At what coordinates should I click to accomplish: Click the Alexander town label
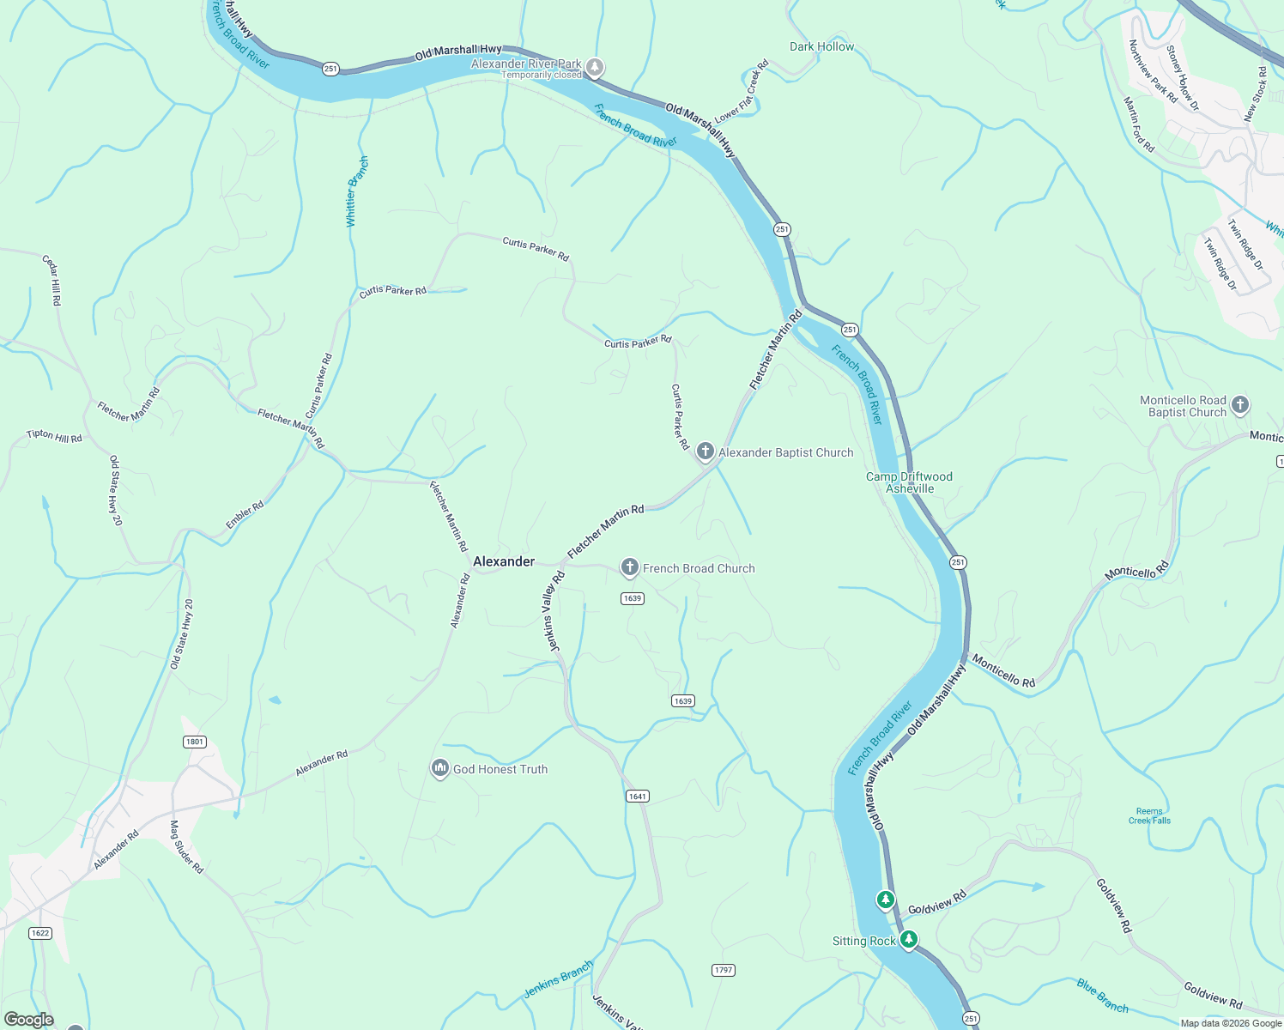tap(504, 561)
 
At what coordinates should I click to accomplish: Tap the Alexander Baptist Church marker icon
tap(706, 451)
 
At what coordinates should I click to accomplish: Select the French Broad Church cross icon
tap(629, 566)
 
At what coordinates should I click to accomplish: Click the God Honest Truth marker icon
tap(439, 767)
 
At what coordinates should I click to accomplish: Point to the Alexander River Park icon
tap(594, 67)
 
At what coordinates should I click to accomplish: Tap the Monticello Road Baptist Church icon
tap(1239, 404)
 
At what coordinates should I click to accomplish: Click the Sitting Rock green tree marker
tap(909, 939)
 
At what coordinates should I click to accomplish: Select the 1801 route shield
tap(195, 742)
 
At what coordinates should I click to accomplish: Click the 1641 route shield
tap(637, 797)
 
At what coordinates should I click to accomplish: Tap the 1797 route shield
tap(724, 970)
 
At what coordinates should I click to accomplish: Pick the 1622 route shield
tap(39, 933)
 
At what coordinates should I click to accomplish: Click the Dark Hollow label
tap(821, 46)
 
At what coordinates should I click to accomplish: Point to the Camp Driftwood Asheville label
tap(909, 482)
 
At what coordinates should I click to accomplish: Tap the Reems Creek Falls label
tap(1149, 815)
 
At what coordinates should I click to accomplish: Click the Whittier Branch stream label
tap(356, 191)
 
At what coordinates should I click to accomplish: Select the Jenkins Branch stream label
tap(558, 979)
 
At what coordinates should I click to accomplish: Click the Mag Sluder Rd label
tap(186, 846)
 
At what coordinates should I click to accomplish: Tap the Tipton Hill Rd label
tap(54, 436)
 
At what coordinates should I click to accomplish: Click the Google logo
tap(28, 1020)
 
